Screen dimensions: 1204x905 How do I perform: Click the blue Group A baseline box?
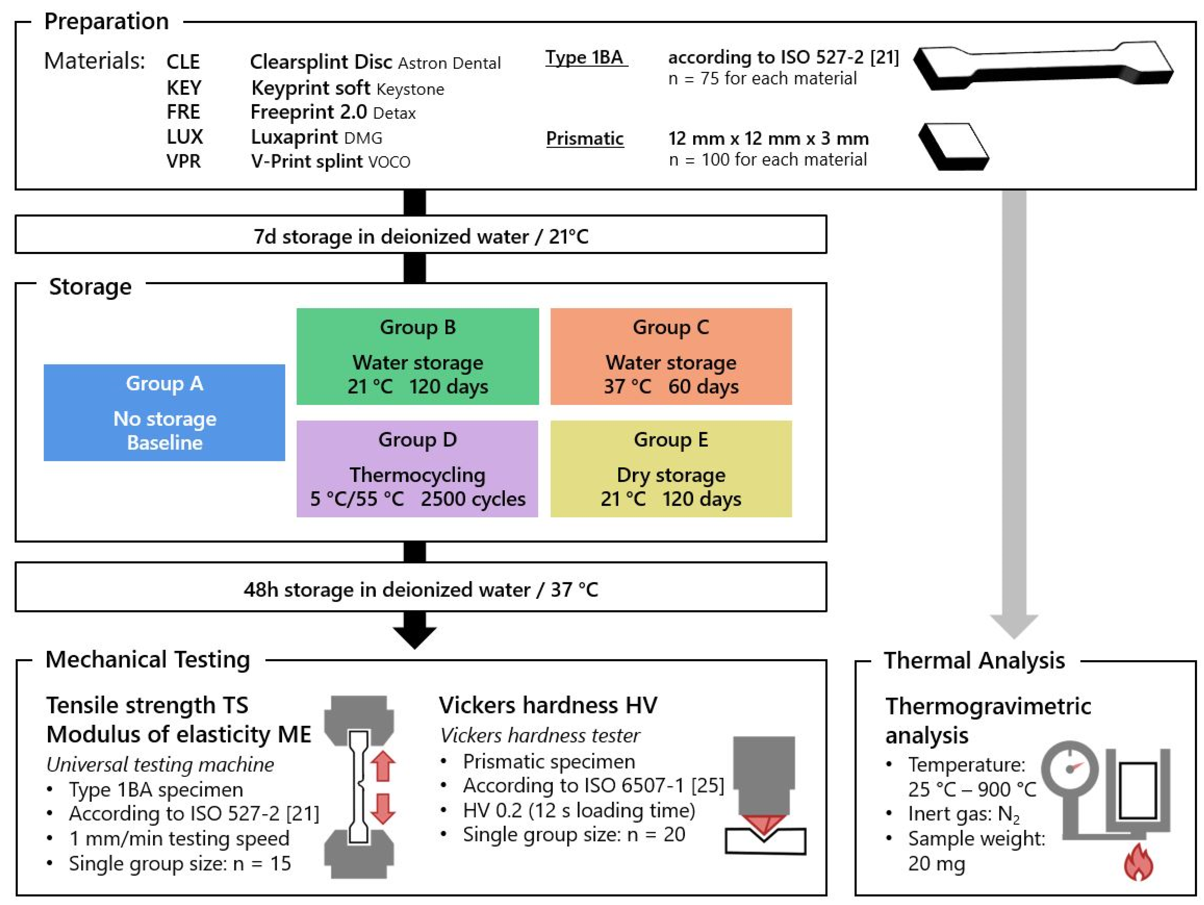point(164,413)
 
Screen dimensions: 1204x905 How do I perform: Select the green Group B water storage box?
point(418,356)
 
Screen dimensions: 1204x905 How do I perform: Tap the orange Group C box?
point(671,356)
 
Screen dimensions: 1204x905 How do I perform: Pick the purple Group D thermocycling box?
point(418,469)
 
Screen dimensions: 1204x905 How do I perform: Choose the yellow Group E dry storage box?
point(671,469)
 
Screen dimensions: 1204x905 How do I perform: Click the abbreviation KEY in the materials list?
point(184,88)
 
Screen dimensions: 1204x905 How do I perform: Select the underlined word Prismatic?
point(585,139)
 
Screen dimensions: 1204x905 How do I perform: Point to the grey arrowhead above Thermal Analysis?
point(1014,626)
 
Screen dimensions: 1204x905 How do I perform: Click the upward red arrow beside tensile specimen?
point(383,766)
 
